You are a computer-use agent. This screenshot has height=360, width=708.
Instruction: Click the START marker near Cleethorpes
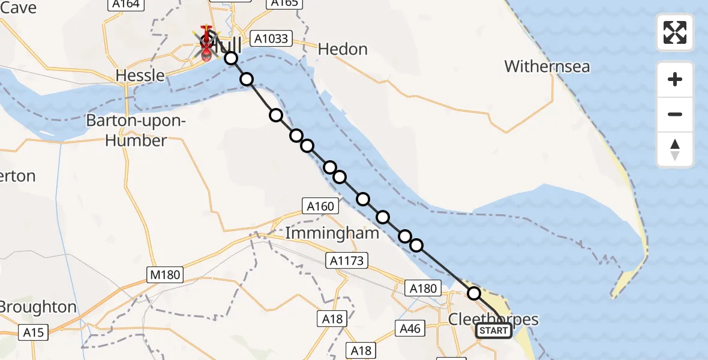(494, 331)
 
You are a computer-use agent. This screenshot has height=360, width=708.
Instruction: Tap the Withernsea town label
(547, 66)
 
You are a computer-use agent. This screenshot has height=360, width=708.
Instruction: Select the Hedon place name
(343, 49)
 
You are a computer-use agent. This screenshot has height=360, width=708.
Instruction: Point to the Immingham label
(332, 233)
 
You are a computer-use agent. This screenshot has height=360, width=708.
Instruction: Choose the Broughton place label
(37, 307)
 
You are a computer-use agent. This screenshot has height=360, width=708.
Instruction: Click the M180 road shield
(164, 275)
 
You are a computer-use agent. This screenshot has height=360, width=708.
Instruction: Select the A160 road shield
(320, 206)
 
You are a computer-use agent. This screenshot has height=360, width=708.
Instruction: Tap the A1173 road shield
(347, 260)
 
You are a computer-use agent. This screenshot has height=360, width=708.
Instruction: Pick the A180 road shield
(422, 288)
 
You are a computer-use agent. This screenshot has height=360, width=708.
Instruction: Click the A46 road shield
(410, 328)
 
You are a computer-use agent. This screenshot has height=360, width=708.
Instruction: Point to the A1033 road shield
(271, 39)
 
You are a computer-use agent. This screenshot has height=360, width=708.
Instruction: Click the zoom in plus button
(675, 79)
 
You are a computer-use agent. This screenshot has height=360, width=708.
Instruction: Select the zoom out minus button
(675, 114)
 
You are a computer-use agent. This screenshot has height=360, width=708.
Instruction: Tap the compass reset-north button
(675, 149)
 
